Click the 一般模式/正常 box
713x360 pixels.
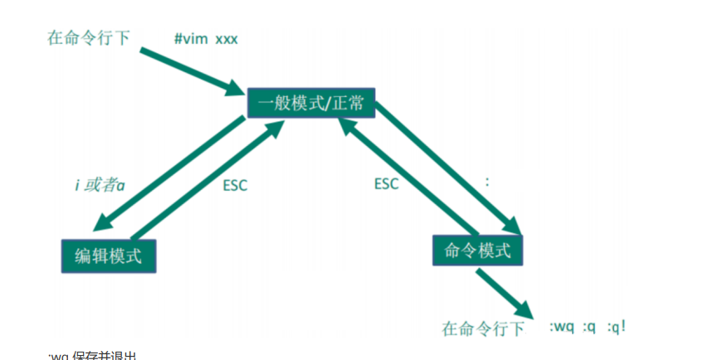click(310, 103)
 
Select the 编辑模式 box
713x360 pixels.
click(110, 256)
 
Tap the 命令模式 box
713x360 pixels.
click(477, 250)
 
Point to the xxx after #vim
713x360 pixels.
click(227, 40)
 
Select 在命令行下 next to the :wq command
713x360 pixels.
click(484, 328)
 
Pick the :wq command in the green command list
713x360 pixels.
click(563, 327)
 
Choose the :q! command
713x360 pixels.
click(617, 327)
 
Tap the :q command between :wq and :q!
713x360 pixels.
click(588, 327)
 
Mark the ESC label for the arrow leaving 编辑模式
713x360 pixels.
click(235, 185)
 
